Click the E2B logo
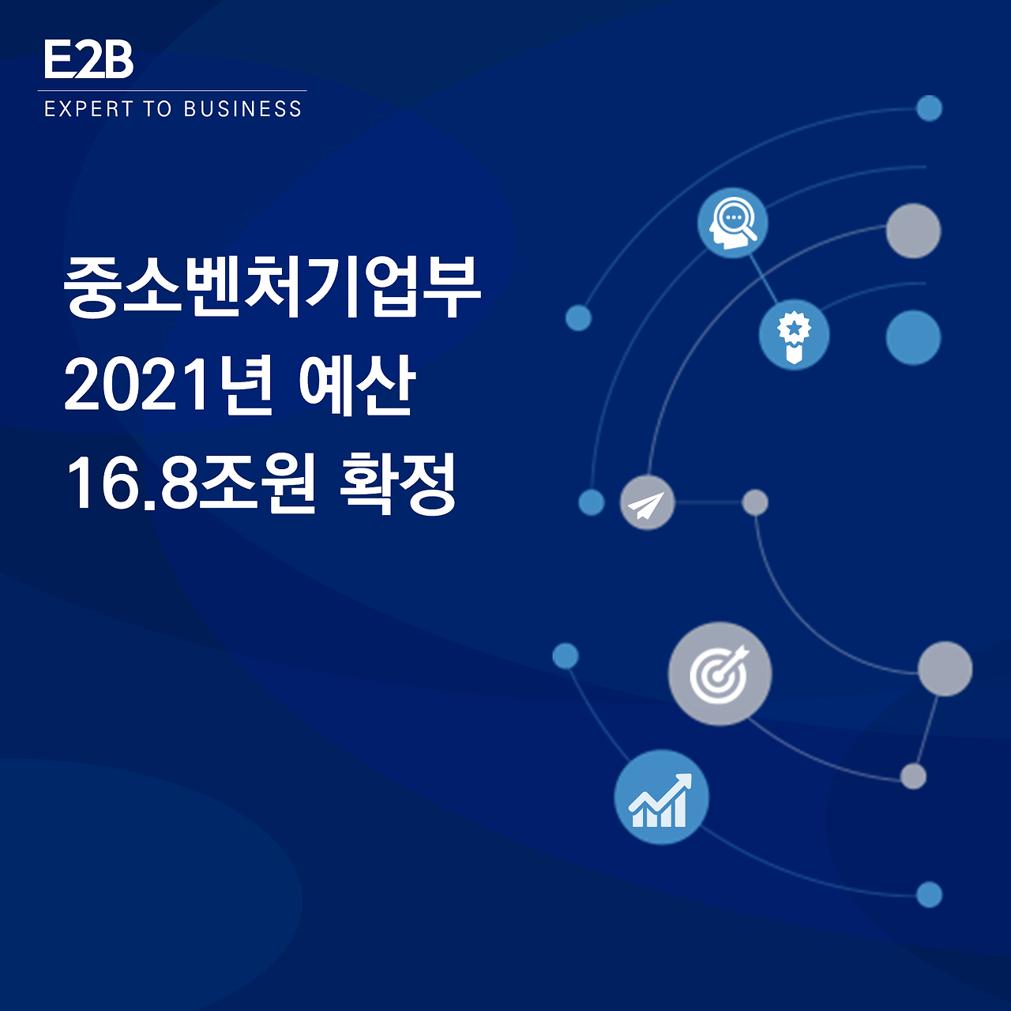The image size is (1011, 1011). (x=88, y=59)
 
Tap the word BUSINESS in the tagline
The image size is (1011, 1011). (x=242, y=109)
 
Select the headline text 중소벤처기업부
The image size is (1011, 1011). (x=272, y=285)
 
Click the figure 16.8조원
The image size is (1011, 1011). (x=190, y=483)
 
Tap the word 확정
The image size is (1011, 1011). (x=397, y=483)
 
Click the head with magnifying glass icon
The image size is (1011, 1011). (x=733, y=222)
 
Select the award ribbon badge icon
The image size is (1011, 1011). (x=794, y=334)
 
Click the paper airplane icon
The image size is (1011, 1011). (x=647, y=503)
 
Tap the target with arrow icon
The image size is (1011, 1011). (x=720, y=674)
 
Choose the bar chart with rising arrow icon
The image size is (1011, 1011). (x=661, y=798)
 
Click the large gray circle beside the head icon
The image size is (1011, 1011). (x=913, y=231)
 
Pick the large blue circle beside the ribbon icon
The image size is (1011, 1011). (x=913, y=337)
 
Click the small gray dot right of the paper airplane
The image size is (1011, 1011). (x=755, y=502)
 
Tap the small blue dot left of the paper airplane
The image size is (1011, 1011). (x=591, y=502)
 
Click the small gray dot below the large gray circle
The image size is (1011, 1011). (x=913, y=776)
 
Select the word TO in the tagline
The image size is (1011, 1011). (x=158, y=109)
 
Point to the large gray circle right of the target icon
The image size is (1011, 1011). (x=945, y=669)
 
